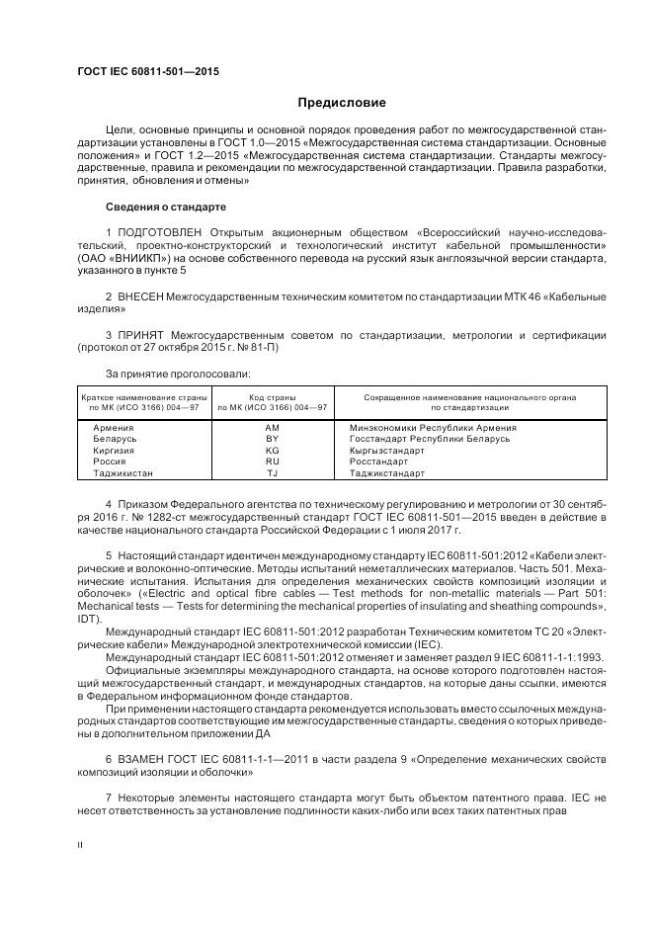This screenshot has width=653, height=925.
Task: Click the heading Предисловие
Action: [343, 103]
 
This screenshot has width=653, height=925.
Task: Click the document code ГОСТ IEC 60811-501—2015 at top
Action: [148, 72]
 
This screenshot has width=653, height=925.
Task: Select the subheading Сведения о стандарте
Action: [166, 208]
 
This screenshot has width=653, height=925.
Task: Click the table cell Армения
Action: [114, 427]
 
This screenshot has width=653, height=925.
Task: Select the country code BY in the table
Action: [273, 438]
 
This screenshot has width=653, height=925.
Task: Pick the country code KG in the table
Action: [273, 450]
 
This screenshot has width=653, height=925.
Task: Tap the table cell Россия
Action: [109, 462]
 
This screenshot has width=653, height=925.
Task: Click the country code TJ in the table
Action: [273, 473]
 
